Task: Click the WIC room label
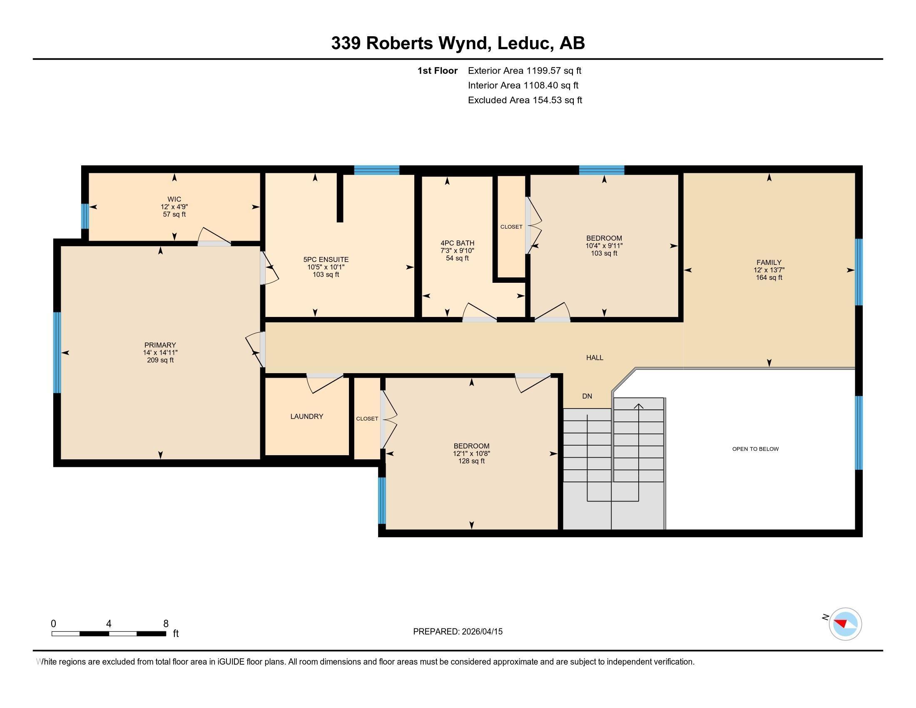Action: tap(174, 199)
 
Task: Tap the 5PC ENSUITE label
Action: tap(326, 259)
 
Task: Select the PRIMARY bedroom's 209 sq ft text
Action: tap(160, 360)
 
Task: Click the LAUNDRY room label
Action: tap(306, 416)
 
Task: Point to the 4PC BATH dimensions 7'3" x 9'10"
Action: tap(457, 251)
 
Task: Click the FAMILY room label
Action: tap(769, 262)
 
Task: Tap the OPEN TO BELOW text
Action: tap(755, 449)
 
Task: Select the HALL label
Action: tap(594, 358)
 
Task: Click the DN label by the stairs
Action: tap(587, 396)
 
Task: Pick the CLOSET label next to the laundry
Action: tap(367, 419)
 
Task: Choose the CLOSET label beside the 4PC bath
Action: tap(511, 227)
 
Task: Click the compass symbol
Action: tap(845, 624)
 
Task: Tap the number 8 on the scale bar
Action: tap(166, 624)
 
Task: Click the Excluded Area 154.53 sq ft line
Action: tap(525, 100)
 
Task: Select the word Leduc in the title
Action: tap(523, 43)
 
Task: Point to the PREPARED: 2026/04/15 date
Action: tap(458, 632)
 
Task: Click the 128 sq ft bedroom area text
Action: tap(471, 461)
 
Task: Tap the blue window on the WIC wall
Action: tap(85, 216)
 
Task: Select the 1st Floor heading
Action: tap(437, 71)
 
